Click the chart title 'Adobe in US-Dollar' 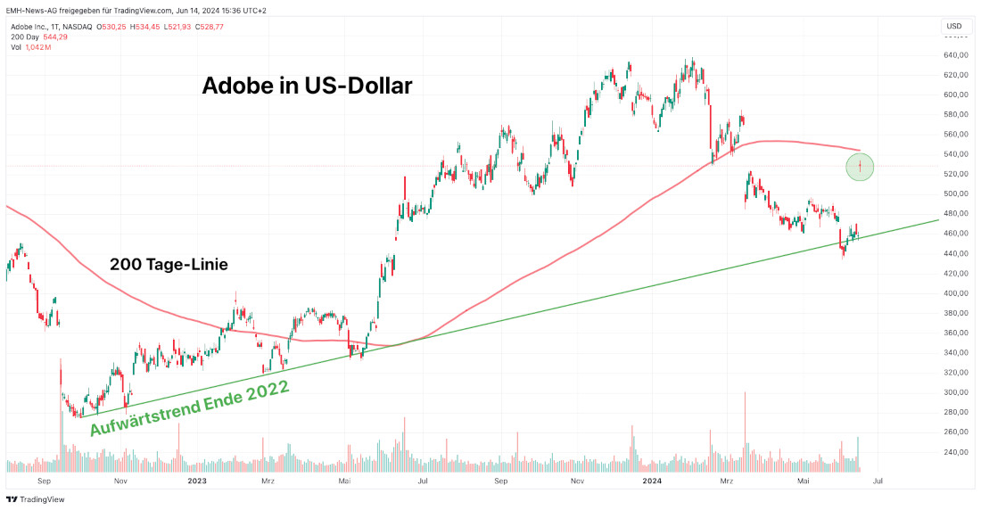tap(307, 86)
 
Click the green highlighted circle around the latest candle tap(860, 167)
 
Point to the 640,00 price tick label tap(954, 55)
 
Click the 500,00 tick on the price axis tap(954, 193)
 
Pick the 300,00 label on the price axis tap(954, 392)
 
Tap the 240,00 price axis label tap(954, 452)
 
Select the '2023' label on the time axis tap(197, 481)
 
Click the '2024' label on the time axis tap(651, 481)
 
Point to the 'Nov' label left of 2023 tap(122, 481)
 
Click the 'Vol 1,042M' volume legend tap(31, 47)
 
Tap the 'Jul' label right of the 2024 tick tap(879, 481)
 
